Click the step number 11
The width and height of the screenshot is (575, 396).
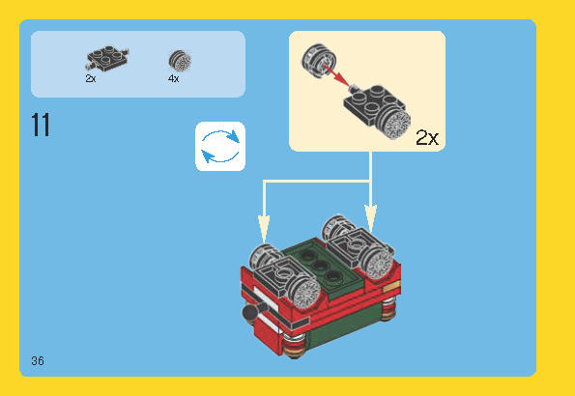tap(41, 125)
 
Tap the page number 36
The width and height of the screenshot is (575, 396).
tap(38, 361)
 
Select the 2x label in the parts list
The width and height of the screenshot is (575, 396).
tap(91, 78)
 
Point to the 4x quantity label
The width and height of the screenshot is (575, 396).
tap(173, 78)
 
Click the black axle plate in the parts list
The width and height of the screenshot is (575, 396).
tap(107, 58)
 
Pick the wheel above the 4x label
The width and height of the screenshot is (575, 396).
tap(180, 61)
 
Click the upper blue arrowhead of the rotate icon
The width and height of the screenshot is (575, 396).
tap(233, 136)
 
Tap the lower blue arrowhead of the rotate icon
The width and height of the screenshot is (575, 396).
tap(208, 156)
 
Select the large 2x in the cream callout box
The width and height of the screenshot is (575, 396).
tap(427, 138)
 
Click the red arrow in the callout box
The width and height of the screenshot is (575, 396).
tap(336, 75)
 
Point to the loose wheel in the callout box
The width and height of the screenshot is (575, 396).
tap(319, 60)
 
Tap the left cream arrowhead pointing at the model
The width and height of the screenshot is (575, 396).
tap(264, 228)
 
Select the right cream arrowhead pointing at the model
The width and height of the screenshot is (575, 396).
tap(370, 219)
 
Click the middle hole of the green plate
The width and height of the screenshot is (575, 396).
tap(320, 265)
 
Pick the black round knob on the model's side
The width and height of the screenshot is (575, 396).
tap(250, 312)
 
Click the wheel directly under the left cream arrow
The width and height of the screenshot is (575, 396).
tap(265, 257)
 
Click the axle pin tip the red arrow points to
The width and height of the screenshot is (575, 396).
tap(354, 88)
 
